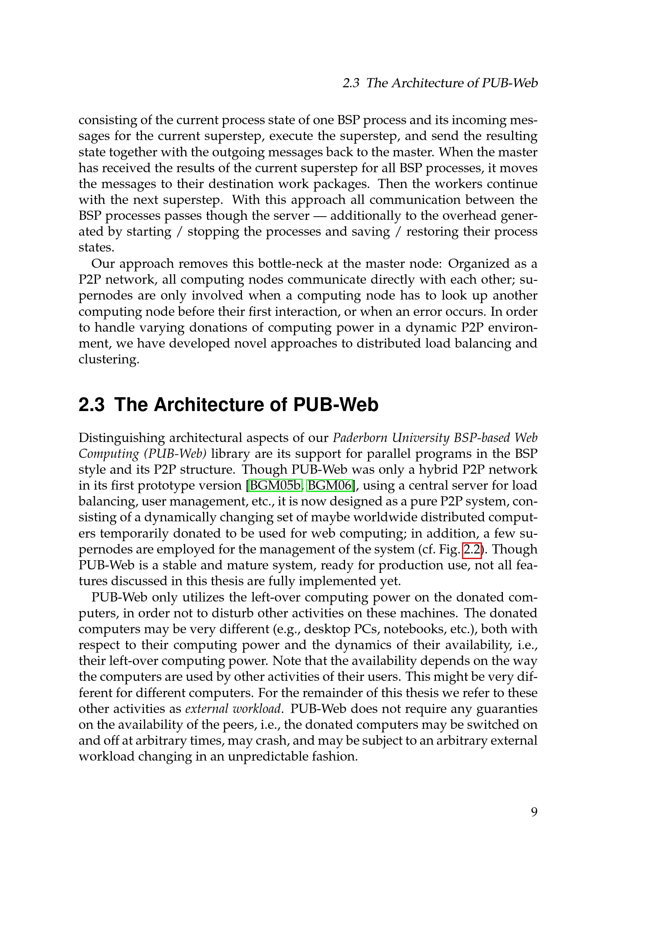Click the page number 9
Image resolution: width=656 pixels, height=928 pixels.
coord(534,812)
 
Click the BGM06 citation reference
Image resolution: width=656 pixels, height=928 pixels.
coord(330,485)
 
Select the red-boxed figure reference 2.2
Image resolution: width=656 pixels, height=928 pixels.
coord(472,549)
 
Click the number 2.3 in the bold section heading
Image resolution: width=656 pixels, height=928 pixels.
coord(91,405)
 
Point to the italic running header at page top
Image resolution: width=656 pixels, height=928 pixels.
coord(440,83)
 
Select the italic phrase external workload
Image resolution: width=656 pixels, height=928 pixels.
coord(233,709)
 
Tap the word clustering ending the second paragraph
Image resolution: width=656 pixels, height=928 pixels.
coord(108,359)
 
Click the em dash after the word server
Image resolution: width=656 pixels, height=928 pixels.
coord(320,216)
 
